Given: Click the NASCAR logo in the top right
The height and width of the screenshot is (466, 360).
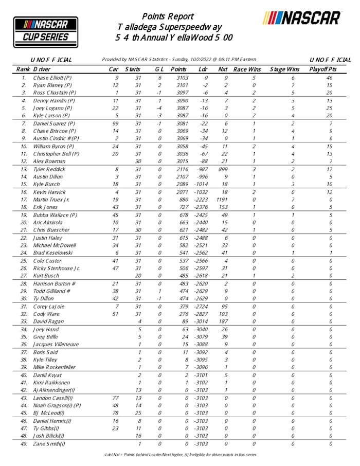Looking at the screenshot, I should tap(302, 19).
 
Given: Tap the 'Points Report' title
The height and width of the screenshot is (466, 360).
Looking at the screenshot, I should tap(168, 16).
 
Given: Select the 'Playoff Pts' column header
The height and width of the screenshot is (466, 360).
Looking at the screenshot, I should tap(322, 68).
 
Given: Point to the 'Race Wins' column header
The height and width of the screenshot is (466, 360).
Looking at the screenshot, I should tap(247, 68).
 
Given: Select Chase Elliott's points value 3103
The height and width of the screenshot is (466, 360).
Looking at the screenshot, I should tap(181, 77).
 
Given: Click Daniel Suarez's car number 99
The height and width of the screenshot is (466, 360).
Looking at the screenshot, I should tap(115, 124).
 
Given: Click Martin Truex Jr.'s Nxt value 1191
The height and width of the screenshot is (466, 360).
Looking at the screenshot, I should tap(222, 199).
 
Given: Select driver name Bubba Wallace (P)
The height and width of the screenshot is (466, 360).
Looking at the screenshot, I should tap(55, 214).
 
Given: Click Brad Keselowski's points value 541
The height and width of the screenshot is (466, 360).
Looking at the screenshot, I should tap(182, 253).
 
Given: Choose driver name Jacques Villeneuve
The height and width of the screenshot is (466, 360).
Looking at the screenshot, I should tap(57, 344).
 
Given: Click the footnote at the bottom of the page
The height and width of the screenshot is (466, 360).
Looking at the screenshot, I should tap(179, 454).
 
